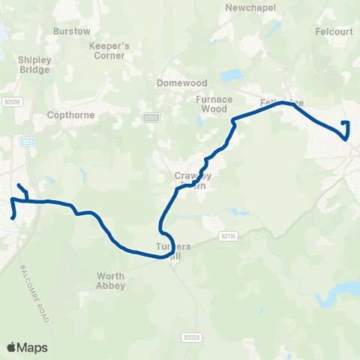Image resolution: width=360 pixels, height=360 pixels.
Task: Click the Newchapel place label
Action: pyautogui.click(x=250, y=7)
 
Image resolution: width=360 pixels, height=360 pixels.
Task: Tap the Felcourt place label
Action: pyautogui.click(x=333, y=32)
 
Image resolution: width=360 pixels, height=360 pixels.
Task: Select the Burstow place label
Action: pyautogui.click(x=72, y=31)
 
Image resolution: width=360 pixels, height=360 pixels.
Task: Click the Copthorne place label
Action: pyautogui.click(x=69, y=115)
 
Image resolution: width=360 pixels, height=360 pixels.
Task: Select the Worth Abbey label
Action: pyautogui.click(x=111, y=280)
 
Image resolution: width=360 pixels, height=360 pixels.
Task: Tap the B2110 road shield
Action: pyautogui.click(x=228, y=235)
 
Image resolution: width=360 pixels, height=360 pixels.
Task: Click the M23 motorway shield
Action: pyautogui.click(x=28, y=140)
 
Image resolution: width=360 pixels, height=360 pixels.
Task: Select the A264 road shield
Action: pyautogui.click(x=151, y=118)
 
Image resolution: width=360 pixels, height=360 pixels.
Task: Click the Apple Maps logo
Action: pyautogui.click(x=27, y=346)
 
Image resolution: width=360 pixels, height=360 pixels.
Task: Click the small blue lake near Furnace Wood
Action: pyautogui.click(x=232, y=76)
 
